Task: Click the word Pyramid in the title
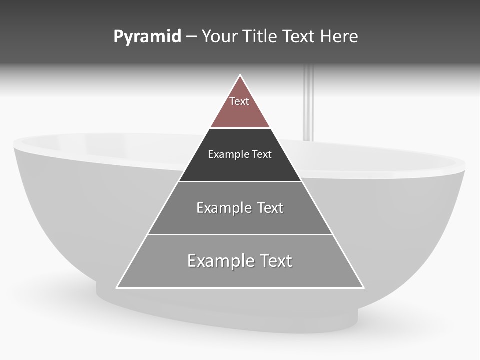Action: point(147,37)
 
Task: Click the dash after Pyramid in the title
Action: point(191,37)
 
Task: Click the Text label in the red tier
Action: point(239,101)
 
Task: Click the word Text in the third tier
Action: point(270,208)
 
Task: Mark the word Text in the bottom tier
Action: point(275,261)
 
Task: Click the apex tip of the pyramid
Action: point(240,76)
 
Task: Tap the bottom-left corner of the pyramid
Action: point(118,287)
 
